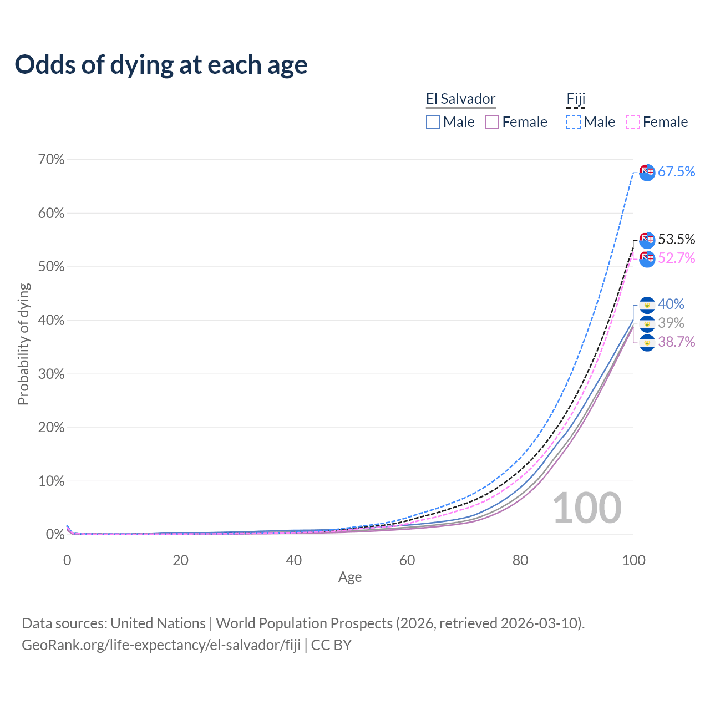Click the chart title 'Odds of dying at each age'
click(x=161, y=65)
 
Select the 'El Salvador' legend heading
click(x=460, y=99)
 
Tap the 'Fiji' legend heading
click(x=576, y=99)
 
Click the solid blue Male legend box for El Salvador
click(x=433, y=122)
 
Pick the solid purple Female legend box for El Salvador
click(x=492, y=122)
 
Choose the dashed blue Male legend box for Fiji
click(x=574, y=122)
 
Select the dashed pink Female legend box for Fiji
click(x=633, y=122)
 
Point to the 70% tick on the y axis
click(x=52, y=160)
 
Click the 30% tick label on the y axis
click(x=52, y=374)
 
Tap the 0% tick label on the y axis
click(x=55, y=535)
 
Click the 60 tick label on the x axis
click(x=407, y=560)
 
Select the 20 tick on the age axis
click(x=180, y=560)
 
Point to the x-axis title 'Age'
click(x=350, y=577)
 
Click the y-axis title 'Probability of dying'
click(x=23, y=344)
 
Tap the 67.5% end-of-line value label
click(x=676, y=172)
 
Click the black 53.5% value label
click(x=676, y=239)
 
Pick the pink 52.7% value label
click(x=676, y=258)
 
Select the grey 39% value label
click(x=671, y=323)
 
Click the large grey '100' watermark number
click(x=587, y=508)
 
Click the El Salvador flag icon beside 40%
click(x=647, y=305)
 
